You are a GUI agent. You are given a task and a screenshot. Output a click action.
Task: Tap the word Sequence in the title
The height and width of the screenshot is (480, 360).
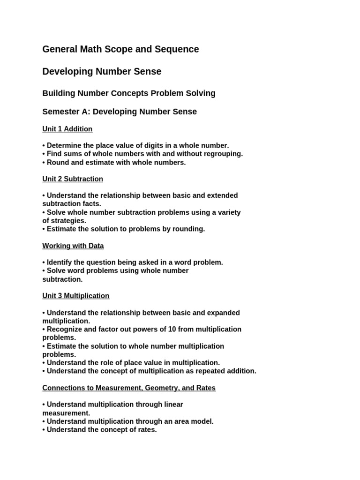[x=179, y=49]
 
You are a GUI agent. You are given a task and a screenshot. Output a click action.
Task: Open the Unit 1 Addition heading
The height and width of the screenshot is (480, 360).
[x=67, y=129]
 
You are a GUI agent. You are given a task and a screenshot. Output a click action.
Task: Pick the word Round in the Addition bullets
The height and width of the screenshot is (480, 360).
[x=57, y=163]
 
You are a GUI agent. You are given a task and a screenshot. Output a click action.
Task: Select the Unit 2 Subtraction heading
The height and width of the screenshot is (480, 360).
[x=73, y=179]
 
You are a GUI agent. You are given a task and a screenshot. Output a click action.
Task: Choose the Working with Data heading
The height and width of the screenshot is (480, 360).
[x=73, y=246]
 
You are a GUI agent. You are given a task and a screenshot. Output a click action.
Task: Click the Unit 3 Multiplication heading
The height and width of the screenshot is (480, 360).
[x=76, y=296]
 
